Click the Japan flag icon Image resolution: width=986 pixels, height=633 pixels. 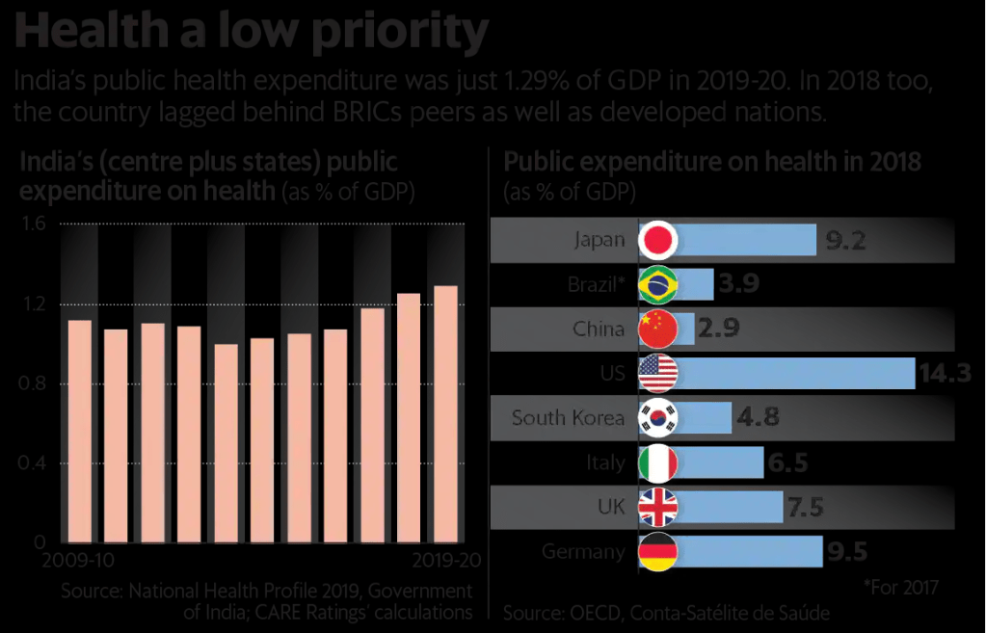click(x=659, y=240)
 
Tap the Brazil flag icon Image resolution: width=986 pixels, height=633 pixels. click(x=659, y=284)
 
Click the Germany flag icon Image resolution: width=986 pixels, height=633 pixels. click(x=659, y=552)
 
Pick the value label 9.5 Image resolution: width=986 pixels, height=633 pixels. click(x=847, y=552)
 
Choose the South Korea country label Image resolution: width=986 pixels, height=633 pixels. click(x=569, y=418)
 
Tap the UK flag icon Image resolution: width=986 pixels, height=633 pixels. click(x=659, y=507)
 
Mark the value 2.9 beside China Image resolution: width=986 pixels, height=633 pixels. click(x=719, y=329)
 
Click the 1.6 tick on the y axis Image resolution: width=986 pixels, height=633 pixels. click(x=35, y=224)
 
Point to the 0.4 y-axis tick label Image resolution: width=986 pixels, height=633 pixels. click(x=35, y=463)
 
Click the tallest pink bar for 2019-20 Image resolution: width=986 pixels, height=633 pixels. click(x=445, y=413)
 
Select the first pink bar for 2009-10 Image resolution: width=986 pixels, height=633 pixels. click(x=80, y=431)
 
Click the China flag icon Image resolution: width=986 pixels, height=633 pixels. click(x=659, y=329)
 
